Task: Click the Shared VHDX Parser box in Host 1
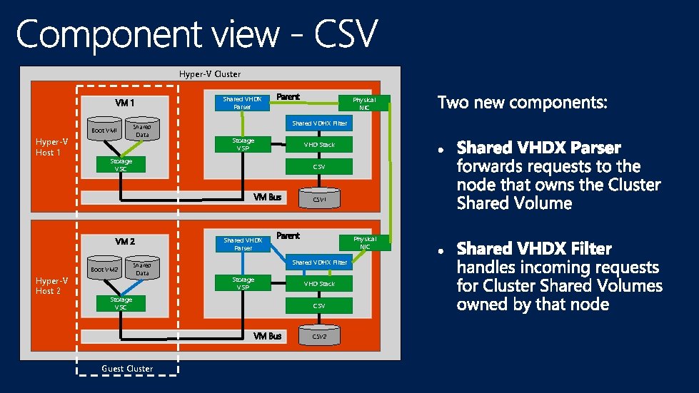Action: click(243, 103)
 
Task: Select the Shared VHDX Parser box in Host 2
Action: click(243, 244)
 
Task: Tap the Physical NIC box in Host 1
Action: click(364, 103)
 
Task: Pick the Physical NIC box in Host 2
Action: click(364, 243)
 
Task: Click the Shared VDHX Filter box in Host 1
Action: click(319, 123)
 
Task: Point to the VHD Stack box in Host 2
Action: click(319, 284)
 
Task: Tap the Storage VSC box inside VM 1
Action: click(121, 165)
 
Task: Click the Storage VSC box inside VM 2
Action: click(121, 304)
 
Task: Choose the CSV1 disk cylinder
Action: click(319, 198)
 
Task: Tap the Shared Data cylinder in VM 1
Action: click(142, 130)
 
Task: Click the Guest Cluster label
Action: click(127, 369)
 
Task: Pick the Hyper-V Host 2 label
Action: click(52, 286)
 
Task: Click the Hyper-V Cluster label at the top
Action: click(209, 74)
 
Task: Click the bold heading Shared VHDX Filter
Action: click(534, 249)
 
